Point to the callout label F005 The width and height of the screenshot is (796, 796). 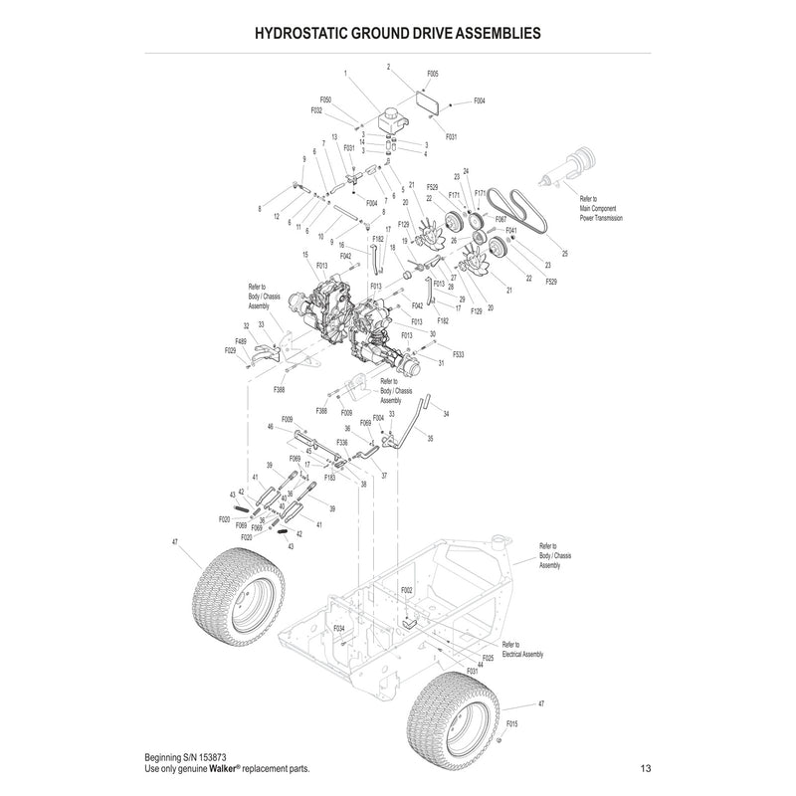click(x=432, y=74)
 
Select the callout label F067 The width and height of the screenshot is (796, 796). click(x=500, y=218)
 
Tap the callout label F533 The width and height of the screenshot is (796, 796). click(x=459, y=354)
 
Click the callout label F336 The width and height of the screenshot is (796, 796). click(x=341, y=442)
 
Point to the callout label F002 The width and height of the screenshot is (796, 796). click(x=406, y=590)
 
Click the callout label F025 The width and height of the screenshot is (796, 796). click(x=487, y=658)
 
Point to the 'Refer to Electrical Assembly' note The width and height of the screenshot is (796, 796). click(x=523, y=649)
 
